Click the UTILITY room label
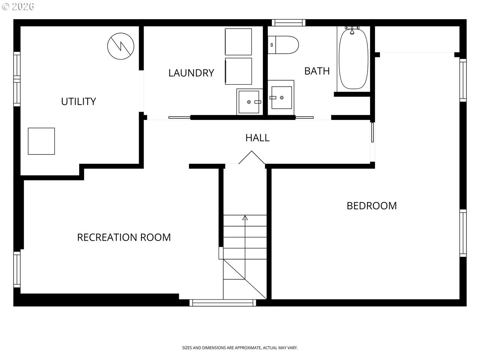click(78, 101)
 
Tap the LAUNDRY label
click(191, 73)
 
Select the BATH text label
click(317, 71)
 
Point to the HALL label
click(257, 138)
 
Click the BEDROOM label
click(372, 205)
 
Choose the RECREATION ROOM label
click(124, 237)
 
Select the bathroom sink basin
click(282, 97)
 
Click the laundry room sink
click(249, 101)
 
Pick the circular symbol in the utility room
click(121, 46)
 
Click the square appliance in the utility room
click(41, 141)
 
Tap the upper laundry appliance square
click(238, 42)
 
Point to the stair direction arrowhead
click(245, 217)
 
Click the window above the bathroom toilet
click(288, 22)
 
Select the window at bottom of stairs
click(223, 303)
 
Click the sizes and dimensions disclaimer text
click(240, 348)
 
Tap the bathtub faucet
click(352, 30)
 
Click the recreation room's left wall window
click(17, 269)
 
